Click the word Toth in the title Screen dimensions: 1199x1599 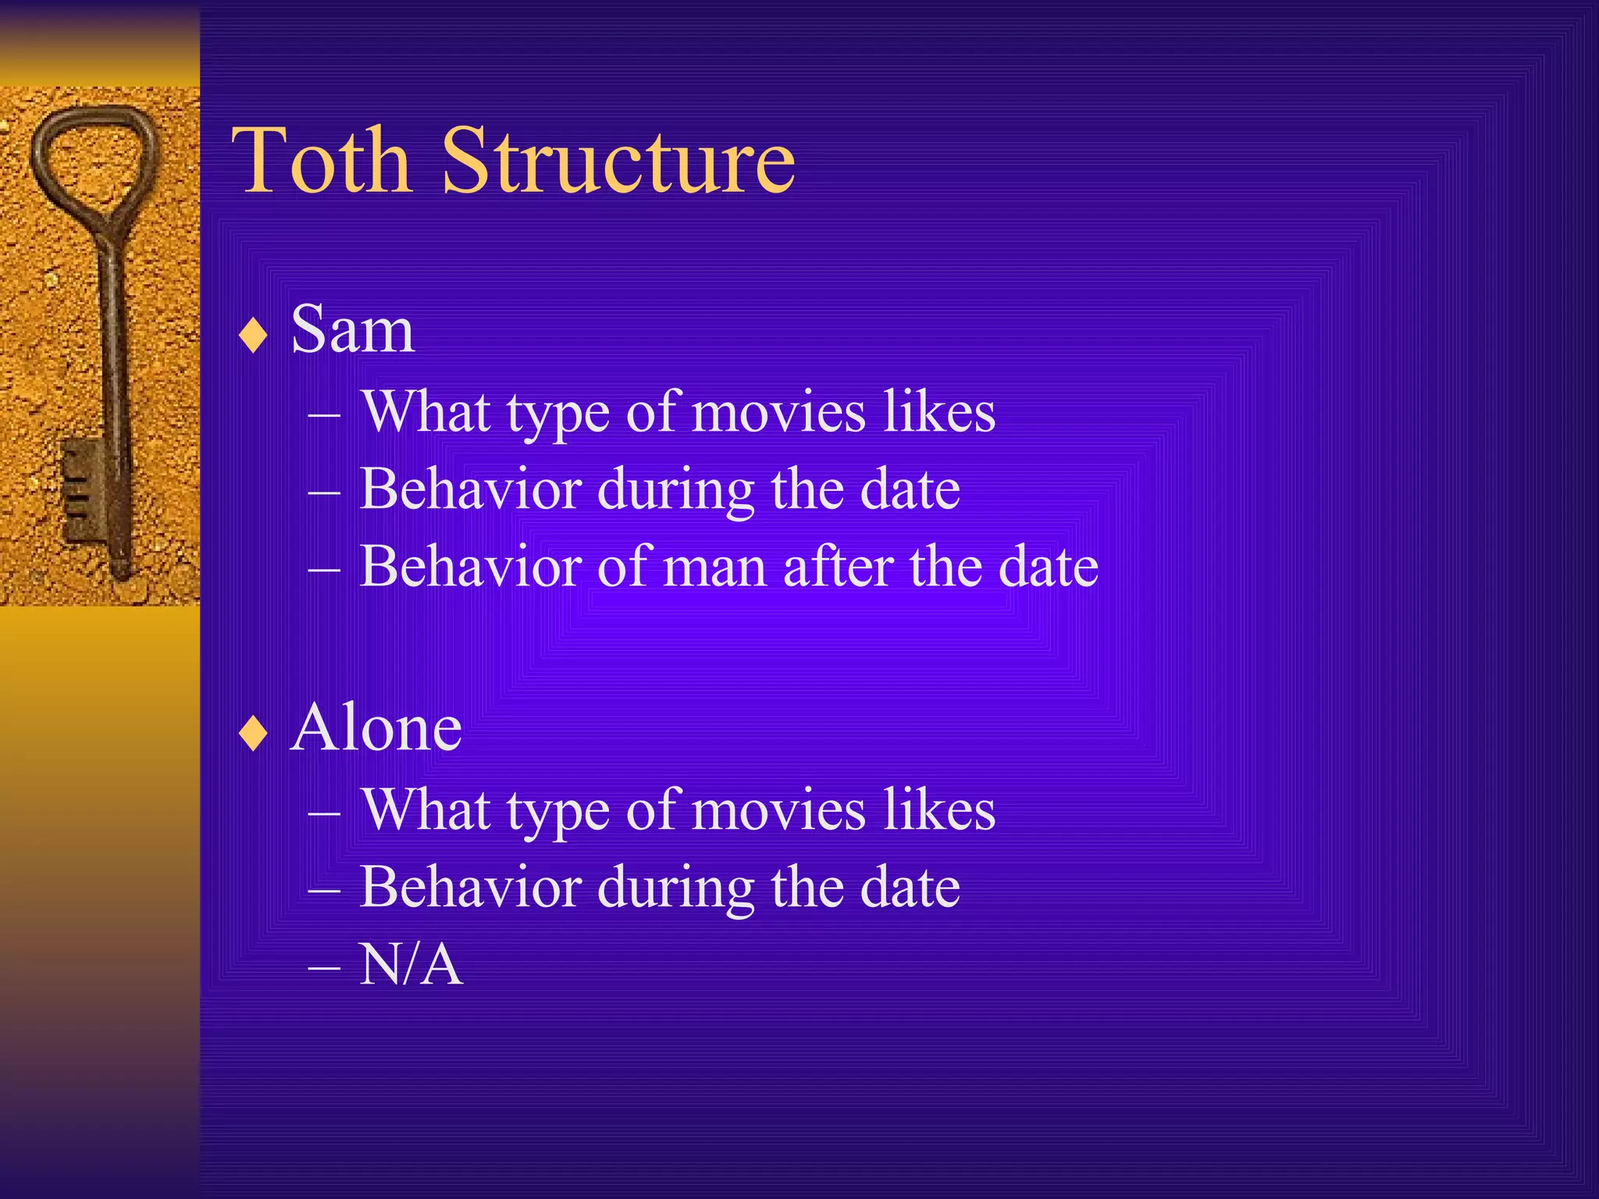[322, 162]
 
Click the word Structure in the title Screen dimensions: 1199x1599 [618, 162]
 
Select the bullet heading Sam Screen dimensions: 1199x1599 [352, 330]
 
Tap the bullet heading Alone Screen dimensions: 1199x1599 [376, 728]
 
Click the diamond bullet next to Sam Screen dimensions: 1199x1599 [254, 336]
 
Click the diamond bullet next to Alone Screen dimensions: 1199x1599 [254, 735]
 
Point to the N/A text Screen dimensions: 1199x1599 [411, 965]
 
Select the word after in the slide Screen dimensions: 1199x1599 [838, 567]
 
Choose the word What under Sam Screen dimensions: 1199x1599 [426, 412]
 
